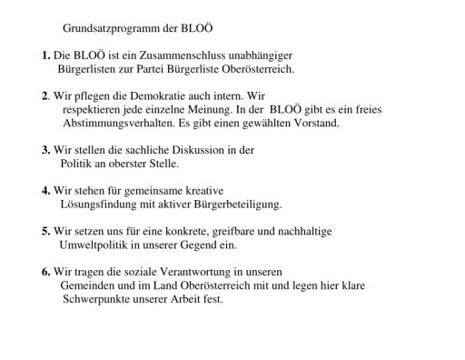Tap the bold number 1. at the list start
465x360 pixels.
click(x=45, y=55)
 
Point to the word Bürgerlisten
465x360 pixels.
click(x=86, y=68)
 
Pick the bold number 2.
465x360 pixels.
click(x=45, y=95)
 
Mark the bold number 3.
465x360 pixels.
click(x=45, y=150)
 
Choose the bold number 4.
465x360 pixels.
click(x=45, y=191)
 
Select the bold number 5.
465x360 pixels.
click(x=45, y=231)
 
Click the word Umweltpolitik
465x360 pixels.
click(x=93, y=245)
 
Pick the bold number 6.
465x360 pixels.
click(x=45, y=272)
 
